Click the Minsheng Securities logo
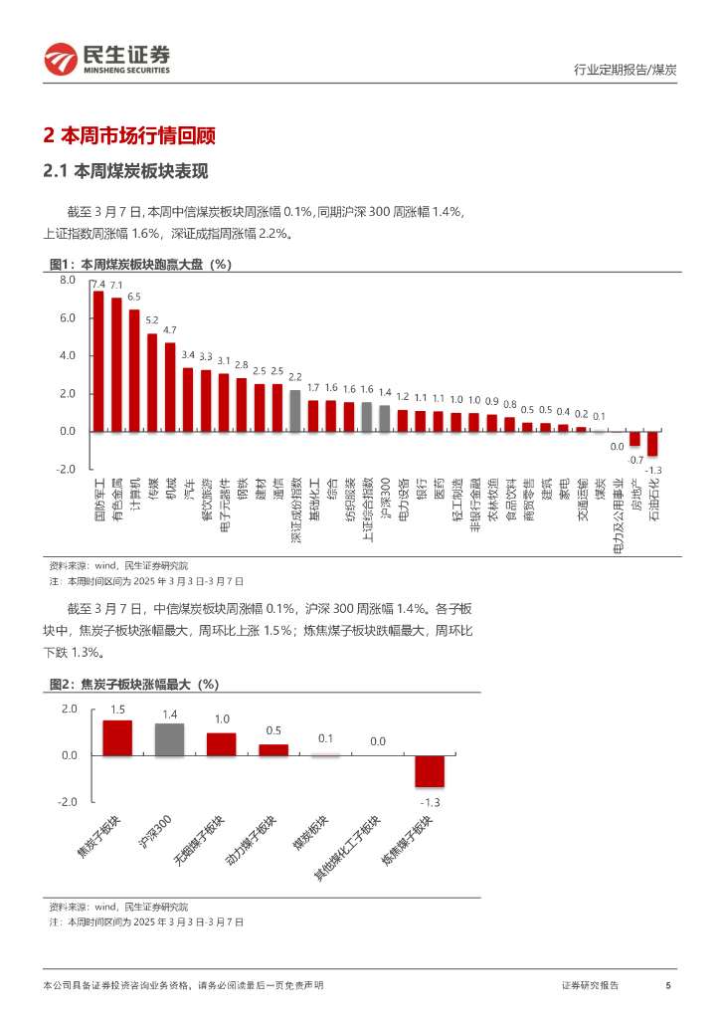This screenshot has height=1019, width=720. (106, 59)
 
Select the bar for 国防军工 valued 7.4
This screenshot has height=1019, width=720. (98, 361)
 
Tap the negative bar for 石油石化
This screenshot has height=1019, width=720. (653, 443)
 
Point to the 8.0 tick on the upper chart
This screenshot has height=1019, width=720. (68, 281)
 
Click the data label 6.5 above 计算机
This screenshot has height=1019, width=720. (134, 297)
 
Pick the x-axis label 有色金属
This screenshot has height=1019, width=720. (116, 498)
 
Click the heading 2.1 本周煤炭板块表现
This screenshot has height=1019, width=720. (125, 171)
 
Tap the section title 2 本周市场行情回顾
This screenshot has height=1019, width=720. (130, 135)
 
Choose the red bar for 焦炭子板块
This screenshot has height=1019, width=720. (117, 737)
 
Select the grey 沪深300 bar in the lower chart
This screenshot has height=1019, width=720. (170, 739)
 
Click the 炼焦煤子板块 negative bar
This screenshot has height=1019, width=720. (430, 771)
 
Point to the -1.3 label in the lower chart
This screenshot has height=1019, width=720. (430, 802)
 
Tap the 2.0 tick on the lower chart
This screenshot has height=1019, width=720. (69, 709)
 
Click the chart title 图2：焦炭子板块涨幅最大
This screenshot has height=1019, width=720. (133, 685)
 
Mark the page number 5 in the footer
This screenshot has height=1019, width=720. (668, 985)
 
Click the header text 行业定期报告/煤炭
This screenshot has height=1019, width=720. (626, 70)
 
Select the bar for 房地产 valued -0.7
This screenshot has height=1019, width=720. (635, 438)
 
